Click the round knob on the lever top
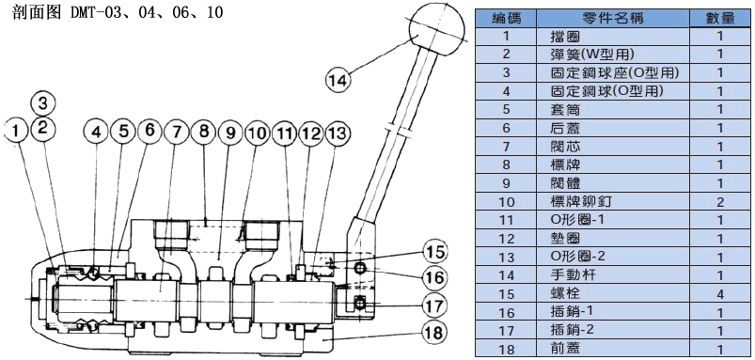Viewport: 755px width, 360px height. [x=438, y=28]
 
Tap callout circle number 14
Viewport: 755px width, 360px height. [x=338, y=79]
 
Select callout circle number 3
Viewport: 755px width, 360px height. [x=43, y=102]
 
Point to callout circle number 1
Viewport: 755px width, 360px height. [x=17, y=130]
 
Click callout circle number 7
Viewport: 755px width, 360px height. [x=176, y=133]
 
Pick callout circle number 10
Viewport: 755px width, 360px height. [x=257, y=133]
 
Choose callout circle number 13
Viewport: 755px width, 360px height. [x=338, y=133]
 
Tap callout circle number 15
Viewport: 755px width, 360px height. [x=434, y=252]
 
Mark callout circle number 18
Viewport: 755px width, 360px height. [x=434, y=331]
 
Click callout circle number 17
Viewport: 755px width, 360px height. [x=434, y=305]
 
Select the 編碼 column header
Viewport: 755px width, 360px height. [x=506, y=18]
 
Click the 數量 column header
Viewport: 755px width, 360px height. [x=720, y=18]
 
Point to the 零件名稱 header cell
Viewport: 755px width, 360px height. [x=612, y=18]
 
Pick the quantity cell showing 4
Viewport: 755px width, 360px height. [x=720, y=293]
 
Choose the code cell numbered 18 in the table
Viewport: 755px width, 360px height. [x=506, y=349]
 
